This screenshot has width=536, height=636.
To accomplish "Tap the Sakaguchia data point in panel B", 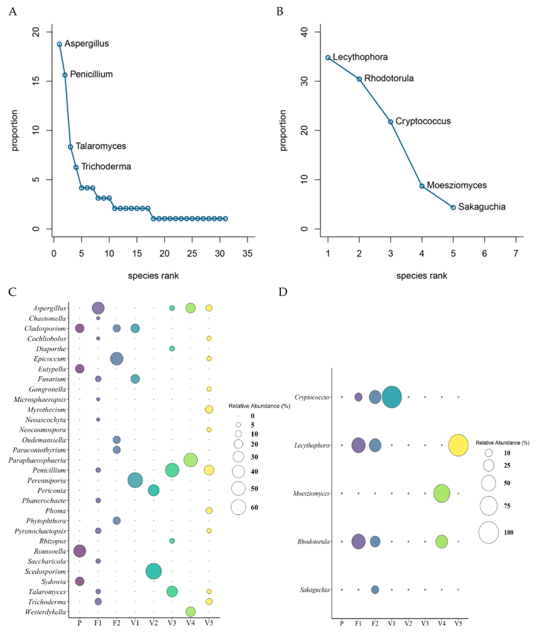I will click(453, 207).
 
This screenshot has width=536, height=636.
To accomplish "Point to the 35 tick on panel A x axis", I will click(248, 253).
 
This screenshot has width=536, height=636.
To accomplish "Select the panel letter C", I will click(12, 292).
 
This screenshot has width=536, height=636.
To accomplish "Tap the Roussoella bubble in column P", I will click(80, 551).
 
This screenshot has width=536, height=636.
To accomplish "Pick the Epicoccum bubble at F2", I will click(117, 359).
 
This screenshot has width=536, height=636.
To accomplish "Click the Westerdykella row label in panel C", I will click(46, 612).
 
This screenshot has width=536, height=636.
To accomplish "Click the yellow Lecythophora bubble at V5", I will click(458, 445).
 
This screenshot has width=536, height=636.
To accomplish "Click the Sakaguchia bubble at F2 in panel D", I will click(375, 590).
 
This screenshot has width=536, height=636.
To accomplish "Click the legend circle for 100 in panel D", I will click(489, 532).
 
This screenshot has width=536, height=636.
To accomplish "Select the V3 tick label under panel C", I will click(172, 623).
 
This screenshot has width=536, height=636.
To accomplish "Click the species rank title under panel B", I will click(422, 276).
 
